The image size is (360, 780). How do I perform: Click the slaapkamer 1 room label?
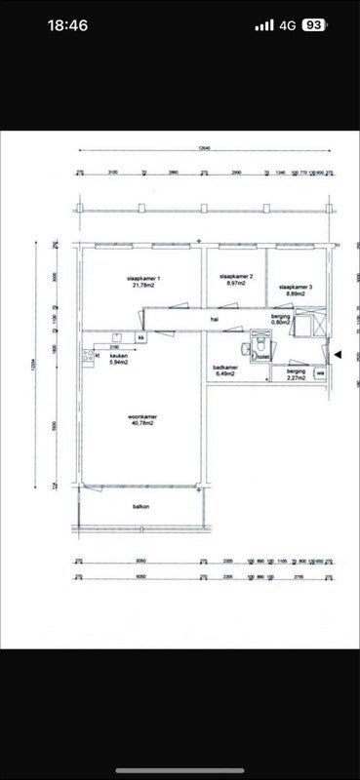[143, 282]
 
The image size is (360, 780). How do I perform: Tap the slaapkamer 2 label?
[239, 280]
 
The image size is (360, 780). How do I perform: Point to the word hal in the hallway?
[213, 319]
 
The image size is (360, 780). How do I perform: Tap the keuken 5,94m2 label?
[119, 360]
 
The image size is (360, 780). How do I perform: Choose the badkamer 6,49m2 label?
[225, 370]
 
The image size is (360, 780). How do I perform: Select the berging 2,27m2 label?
[295, 374]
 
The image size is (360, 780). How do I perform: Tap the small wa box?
[319, 371]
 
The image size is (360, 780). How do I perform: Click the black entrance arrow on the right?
[338, 355]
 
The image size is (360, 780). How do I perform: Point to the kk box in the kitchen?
[140, 337]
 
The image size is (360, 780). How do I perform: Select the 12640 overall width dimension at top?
[203, 149]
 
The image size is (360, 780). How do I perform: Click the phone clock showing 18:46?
[67, 25]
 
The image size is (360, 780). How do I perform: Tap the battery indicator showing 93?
[314, 25]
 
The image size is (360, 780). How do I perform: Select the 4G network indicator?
[288, 25]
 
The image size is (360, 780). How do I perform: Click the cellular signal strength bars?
[264, 25]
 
